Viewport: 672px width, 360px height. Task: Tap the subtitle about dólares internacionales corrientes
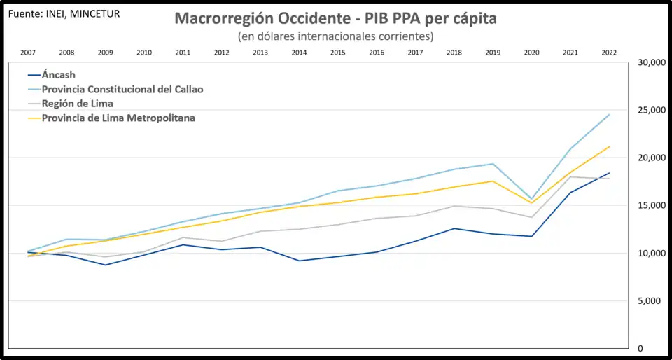335,36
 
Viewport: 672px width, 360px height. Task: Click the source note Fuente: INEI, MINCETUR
63,13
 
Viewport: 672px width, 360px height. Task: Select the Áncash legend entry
59,75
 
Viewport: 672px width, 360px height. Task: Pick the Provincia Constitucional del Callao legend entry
122,90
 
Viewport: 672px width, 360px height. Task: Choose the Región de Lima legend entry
78,104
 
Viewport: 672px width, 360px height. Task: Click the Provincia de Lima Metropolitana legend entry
118,118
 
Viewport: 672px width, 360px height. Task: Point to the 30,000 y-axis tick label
650,62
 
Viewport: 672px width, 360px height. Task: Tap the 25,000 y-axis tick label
650,110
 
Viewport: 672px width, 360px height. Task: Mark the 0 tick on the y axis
640,348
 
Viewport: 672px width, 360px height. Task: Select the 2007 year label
28,53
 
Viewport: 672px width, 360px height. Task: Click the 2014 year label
299,53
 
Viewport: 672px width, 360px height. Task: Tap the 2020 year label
531,53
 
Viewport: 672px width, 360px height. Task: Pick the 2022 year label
609,53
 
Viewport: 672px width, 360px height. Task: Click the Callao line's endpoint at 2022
609,115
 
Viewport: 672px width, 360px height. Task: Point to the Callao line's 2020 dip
532,199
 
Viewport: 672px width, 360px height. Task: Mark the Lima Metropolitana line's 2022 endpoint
609,147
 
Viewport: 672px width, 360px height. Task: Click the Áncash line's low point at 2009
106,265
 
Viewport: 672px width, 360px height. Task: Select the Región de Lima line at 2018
454,206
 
